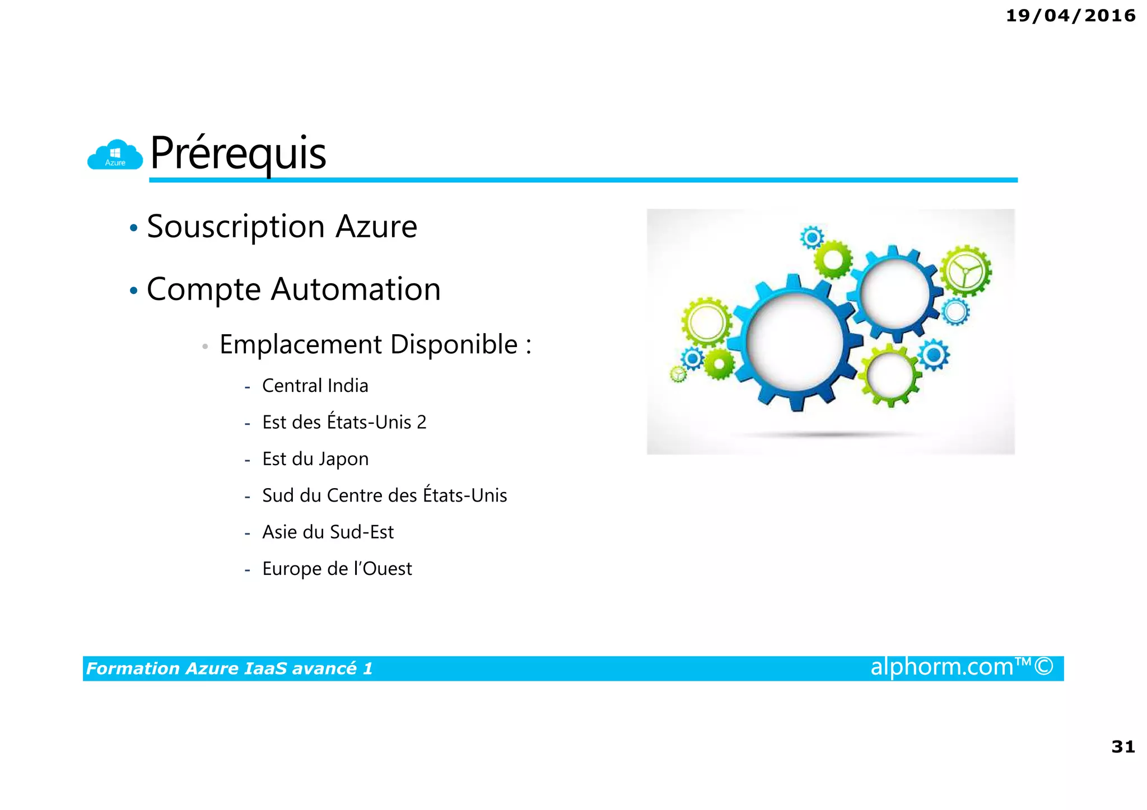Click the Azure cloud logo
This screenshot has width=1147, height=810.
115,155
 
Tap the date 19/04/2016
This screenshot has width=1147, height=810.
1070,16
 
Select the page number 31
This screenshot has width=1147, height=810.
1123,747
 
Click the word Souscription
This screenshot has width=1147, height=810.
236,227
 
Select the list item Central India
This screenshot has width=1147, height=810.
315,386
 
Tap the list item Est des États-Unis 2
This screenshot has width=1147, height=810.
344,422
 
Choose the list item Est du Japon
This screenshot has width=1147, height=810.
315,459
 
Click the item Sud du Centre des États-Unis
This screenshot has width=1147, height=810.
384,495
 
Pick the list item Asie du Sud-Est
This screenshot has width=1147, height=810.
328,532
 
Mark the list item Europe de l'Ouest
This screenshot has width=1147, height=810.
337,569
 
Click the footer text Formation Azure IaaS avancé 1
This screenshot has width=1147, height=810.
229,668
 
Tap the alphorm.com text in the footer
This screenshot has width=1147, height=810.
941,667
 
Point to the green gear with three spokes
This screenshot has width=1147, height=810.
965,270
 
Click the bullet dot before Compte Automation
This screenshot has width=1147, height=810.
133,291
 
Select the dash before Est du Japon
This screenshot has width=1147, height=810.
247,460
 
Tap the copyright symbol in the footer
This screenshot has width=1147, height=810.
1044,667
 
